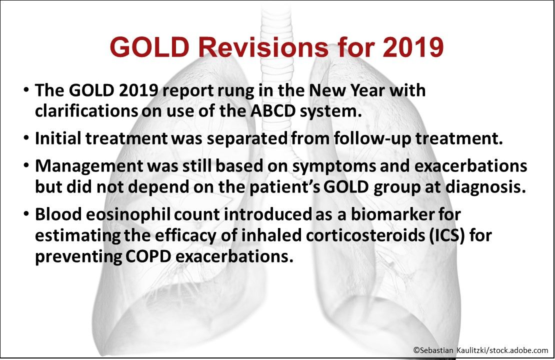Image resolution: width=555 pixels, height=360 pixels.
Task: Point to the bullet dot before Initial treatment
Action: pos(25,138)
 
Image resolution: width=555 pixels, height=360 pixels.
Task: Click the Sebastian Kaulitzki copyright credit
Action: pos(480,350)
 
